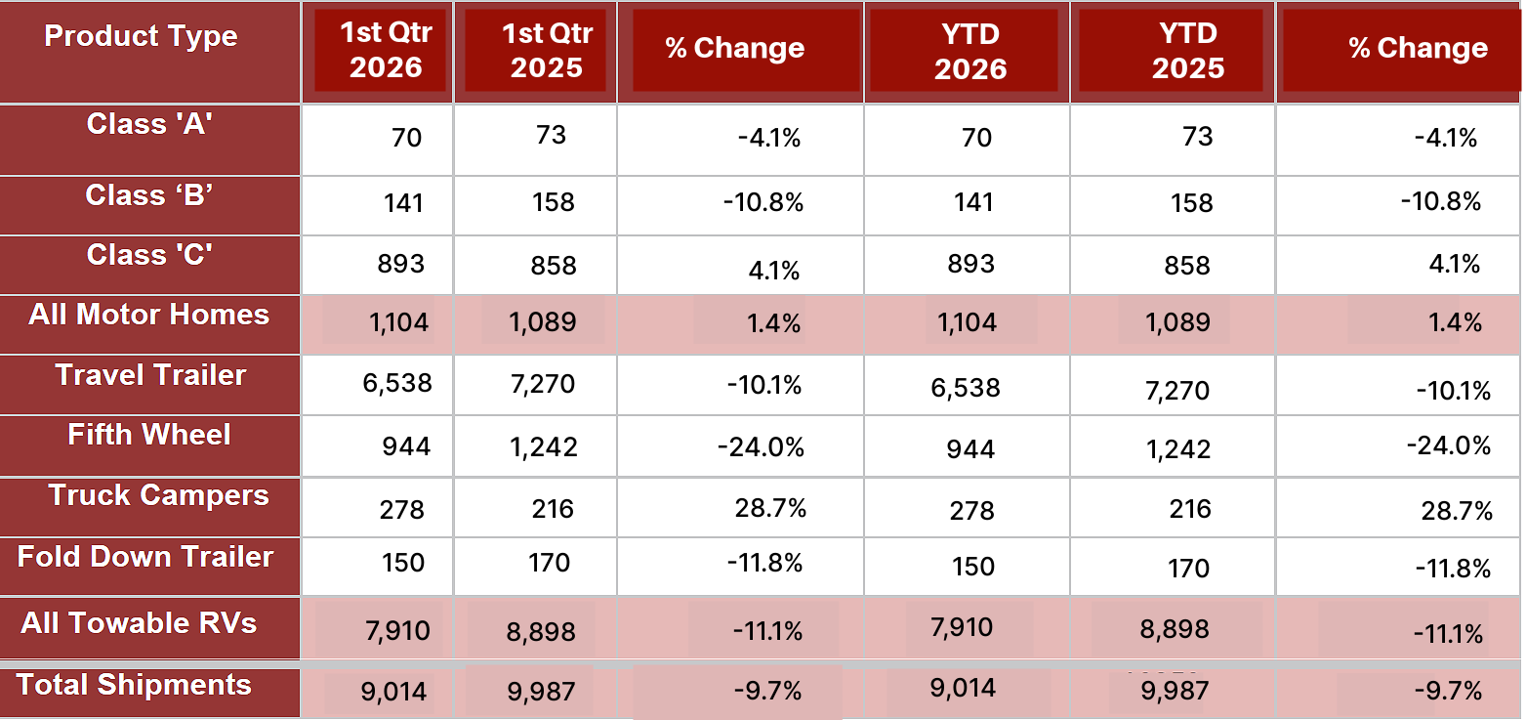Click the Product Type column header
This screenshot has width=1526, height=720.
tap(141, 35)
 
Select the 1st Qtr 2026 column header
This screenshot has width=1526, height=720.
tap(387, 50)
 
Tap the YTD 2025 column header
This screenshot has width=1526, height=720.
tap(1188, 51)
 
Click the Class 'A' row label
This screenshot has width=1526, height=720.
tap(149, 124)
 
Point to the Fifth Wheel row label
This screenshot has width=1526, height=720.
tap(149, 435)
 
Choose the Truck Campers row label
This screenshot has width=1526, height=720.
tap(159, 495)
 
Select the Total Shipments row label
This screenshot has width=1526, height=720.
tap(134, 685)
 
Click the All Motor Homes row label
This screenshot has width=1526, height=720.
tap(149, 315)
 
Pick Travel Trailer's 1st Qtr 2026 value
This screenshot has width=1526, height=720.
tap(397, 383)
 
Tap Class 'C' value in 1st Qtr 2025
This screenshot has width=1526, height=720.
tap(554, 265)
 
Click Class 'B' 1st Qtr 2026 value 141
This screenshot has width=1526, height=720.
tap(403, 203)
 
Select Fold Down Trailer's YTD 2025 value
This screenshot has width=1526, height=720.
tap(1188, 568)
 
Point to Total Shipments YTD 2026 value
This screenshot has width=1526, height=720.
tap(964, 688)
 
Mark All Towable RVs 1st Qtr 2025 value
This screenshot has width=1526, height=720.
tap(541, 631)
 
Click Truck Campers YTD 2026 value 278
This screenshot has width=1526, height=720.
tap(972, 511)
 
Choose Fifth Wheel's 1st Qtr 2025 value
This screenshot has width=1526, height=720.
tap(544, 447)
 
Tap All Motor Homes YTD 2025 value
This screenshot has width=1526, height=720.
tap(1177, 321)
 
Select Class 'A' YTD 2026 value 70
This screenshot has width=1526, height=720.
tap(976, 138)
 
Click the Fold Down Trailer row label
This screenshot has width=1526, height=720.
tap(145, 557)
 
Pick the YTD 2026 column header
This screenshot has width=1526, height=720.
tap(970, 51)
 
